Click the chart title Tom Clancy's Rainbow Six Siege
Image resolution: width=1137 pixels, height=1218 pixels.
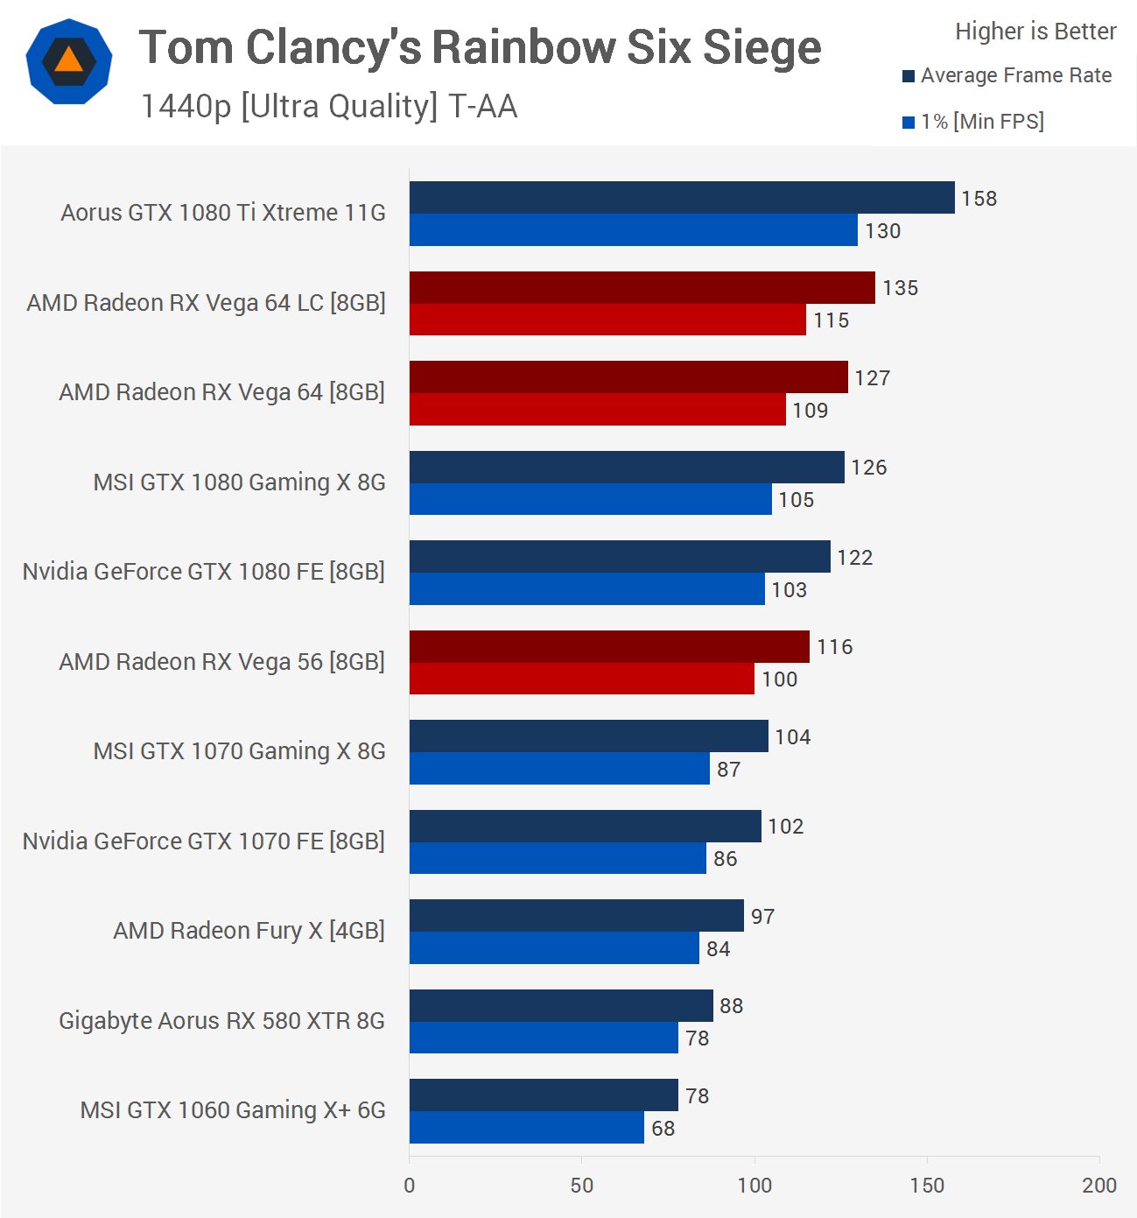[480, 47]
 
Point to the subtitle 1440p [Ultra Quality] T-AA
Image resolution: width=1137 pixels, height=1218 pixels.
[329, 106]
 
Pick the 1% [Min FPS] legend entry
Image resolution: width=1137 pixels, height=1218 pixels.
[973, 122]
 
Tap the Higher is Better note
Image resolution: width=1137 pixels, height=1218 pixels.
[1035, 32]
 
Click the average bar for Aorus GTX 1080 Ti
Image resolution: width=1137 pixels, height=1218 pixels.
[682, 198]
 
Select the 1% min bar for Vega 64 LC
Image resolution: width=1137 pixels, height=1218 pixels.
[607, 320]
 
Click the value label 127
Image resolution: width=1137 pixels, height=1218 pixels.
[872, 378]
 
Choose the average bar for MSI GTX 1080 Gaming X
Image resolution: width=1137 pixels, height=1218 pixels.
[627, 467]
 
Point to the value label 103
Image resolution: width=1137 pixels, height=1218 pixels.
[789, 590]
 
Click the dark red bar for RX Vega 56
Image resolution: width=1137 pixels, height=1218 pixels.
[609, 646]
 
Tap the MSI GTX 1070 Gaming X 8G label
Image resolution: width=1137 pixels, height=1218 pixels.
[239, 751]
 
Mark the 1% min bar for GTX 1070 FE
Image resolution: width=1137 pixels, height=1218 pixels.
[558, 858]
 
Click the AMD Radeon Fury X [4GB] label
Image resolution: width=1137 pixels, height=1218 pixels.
[249, 931]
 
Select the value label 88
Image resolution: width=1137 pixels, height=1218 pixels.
[731, 1006]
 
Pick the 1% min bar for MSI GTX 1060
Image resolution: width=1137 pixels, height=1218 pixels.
[527, 1128]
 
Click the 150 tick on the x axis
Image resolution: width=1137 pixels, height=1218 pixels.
[927, 1186]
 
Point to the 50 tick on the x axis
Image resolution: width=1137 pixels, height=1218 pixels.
[582, 1186]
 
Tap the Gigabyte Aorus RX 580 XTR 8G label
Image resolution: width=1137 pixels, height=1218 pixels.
[221, 1021]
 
